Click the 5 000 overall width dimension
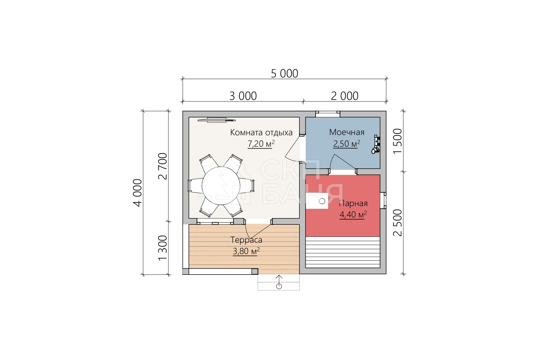(x=284, y=73)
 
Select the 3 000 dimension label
(x=243, y=96)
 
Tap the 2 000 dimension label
(x=345, y=96)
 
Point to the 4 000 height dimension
(x=137, y=193)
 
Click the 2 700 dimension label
(x=163, y=166)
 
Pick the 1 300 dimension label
(x=163, y=248)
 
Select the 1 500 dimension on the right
(x=397, y=141)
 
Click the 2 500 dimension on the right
(x=397, y=223)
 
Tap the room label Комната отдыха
(x=261, y=133)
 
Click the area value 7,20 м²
(x=261, y=144)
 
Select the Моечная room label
(x=347, y=132)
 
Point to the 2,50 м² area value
(x=346, y=144)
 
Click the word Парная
(x=353, y=203)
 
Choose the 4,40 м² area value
(x=353, y=215)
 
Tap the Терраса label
(x=246, y=240)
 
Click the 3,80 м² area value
(x=246, y=251)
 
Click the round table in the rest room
(x=221, y=186)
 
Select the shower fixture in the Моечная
(x=376, y=145)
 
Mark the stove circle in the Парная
(x=322, y=201)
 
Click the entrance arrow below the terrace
(x=279, y=282)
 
